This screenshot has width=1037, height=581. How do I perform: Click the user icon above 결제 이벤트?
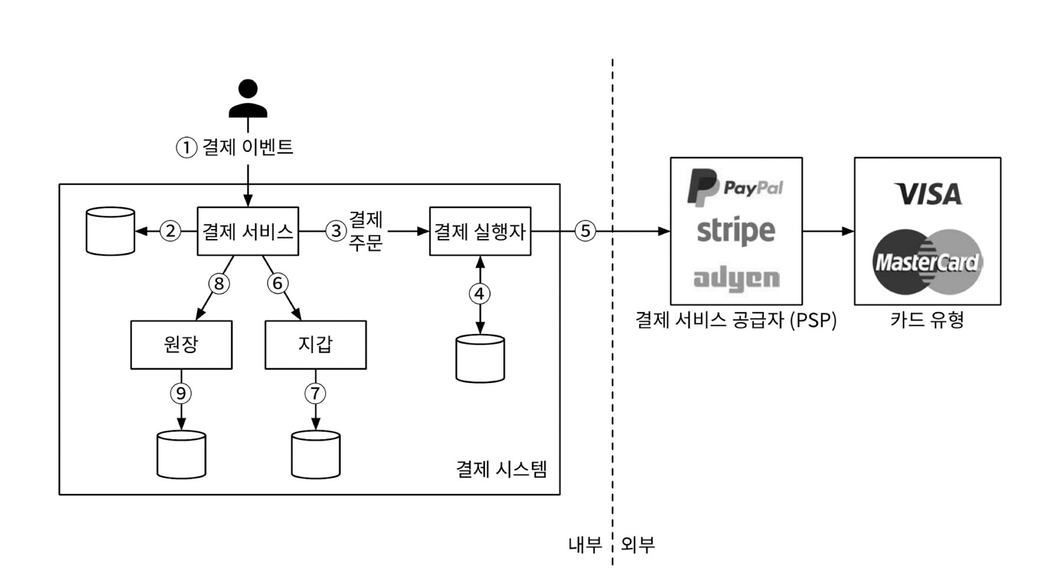click(248, 98)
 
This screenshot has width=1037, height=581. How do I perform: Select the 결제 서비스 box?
click(247, 231)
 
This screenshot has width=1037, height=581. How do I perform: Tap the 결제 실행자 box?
click(480, 231)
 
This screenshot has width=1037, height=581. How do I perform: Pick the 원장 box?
click(181, 345)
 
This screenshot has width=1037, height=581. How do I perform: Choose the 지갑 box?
click(315, 345)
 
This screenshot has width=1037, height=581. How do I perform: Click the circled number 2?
click(171, 231)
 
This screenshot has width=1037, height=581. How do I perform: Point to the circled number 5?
click(585, 231)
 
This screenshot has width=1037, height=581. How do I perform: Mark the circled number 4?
click(480, 293)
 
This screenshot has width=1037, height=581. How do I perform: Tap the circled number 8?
click(219, 284)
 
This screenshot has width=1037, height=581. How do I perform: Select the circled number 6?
click(277, 283)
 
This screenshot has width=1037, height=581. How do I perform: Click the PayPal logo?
click(735, 187)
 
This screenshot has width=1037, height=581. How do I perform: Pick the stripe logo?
click(736, 231)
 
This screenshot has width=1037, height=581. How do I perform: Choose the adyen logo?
click(736, 278)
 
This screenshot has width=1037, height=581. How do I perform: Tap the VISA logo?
click(928, 194)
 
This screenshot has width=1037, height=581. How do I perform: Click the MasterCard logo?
click(927, 262)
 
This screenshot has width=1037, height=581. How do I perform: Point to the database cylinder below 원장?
click(181, 455)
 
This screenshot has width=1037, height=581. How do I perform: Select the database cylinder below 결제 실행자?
click(480, 359)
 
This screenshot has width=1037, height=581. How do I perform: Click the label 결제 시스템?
click(501, 469)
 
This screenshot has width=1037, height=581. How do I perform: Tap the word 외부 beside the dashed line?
click(638, 544)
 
